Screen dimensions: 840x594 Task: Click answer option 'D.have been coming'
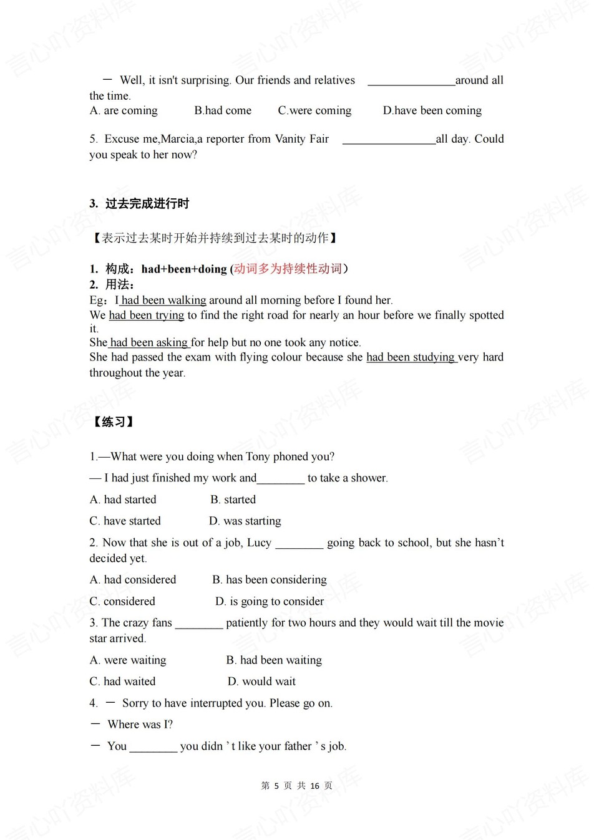(432, 111)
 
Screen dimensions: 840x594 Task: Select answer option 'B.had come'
(223, 111)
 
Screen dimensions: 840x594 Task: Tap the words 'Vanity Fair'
(302, 139)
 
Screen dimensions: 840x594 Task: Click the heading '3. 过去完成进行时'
(139, 204)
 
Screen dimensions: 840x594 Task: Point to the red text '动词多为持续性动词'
(288, 269)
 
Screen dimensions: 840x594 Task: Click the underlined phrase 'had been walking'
(163, 301)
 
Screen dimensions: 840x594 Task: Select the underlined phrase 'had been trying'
(147, 316)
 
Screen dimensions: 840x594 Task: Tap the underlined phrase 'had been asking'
(148, 343)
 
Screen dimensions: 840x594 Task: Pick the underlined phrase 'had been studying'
(411, 357)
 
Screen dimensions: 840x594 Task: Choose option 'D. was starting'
(245, 521)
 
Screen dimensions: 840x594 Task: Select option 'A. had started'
(123, 500)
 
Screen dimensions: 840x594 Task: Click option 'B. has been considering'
(269, 580)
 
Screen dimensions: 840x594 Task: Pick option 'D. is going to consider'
(270, 602)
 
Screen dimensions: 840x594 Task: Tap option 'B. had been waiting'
(274, 660)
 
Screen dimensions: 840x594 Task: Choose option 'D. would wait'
(261, 682)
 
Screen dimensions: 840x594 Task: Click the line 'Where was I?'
(140, 725)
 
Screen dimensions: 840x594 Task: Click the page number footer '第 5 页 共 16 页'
(297, 786)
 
